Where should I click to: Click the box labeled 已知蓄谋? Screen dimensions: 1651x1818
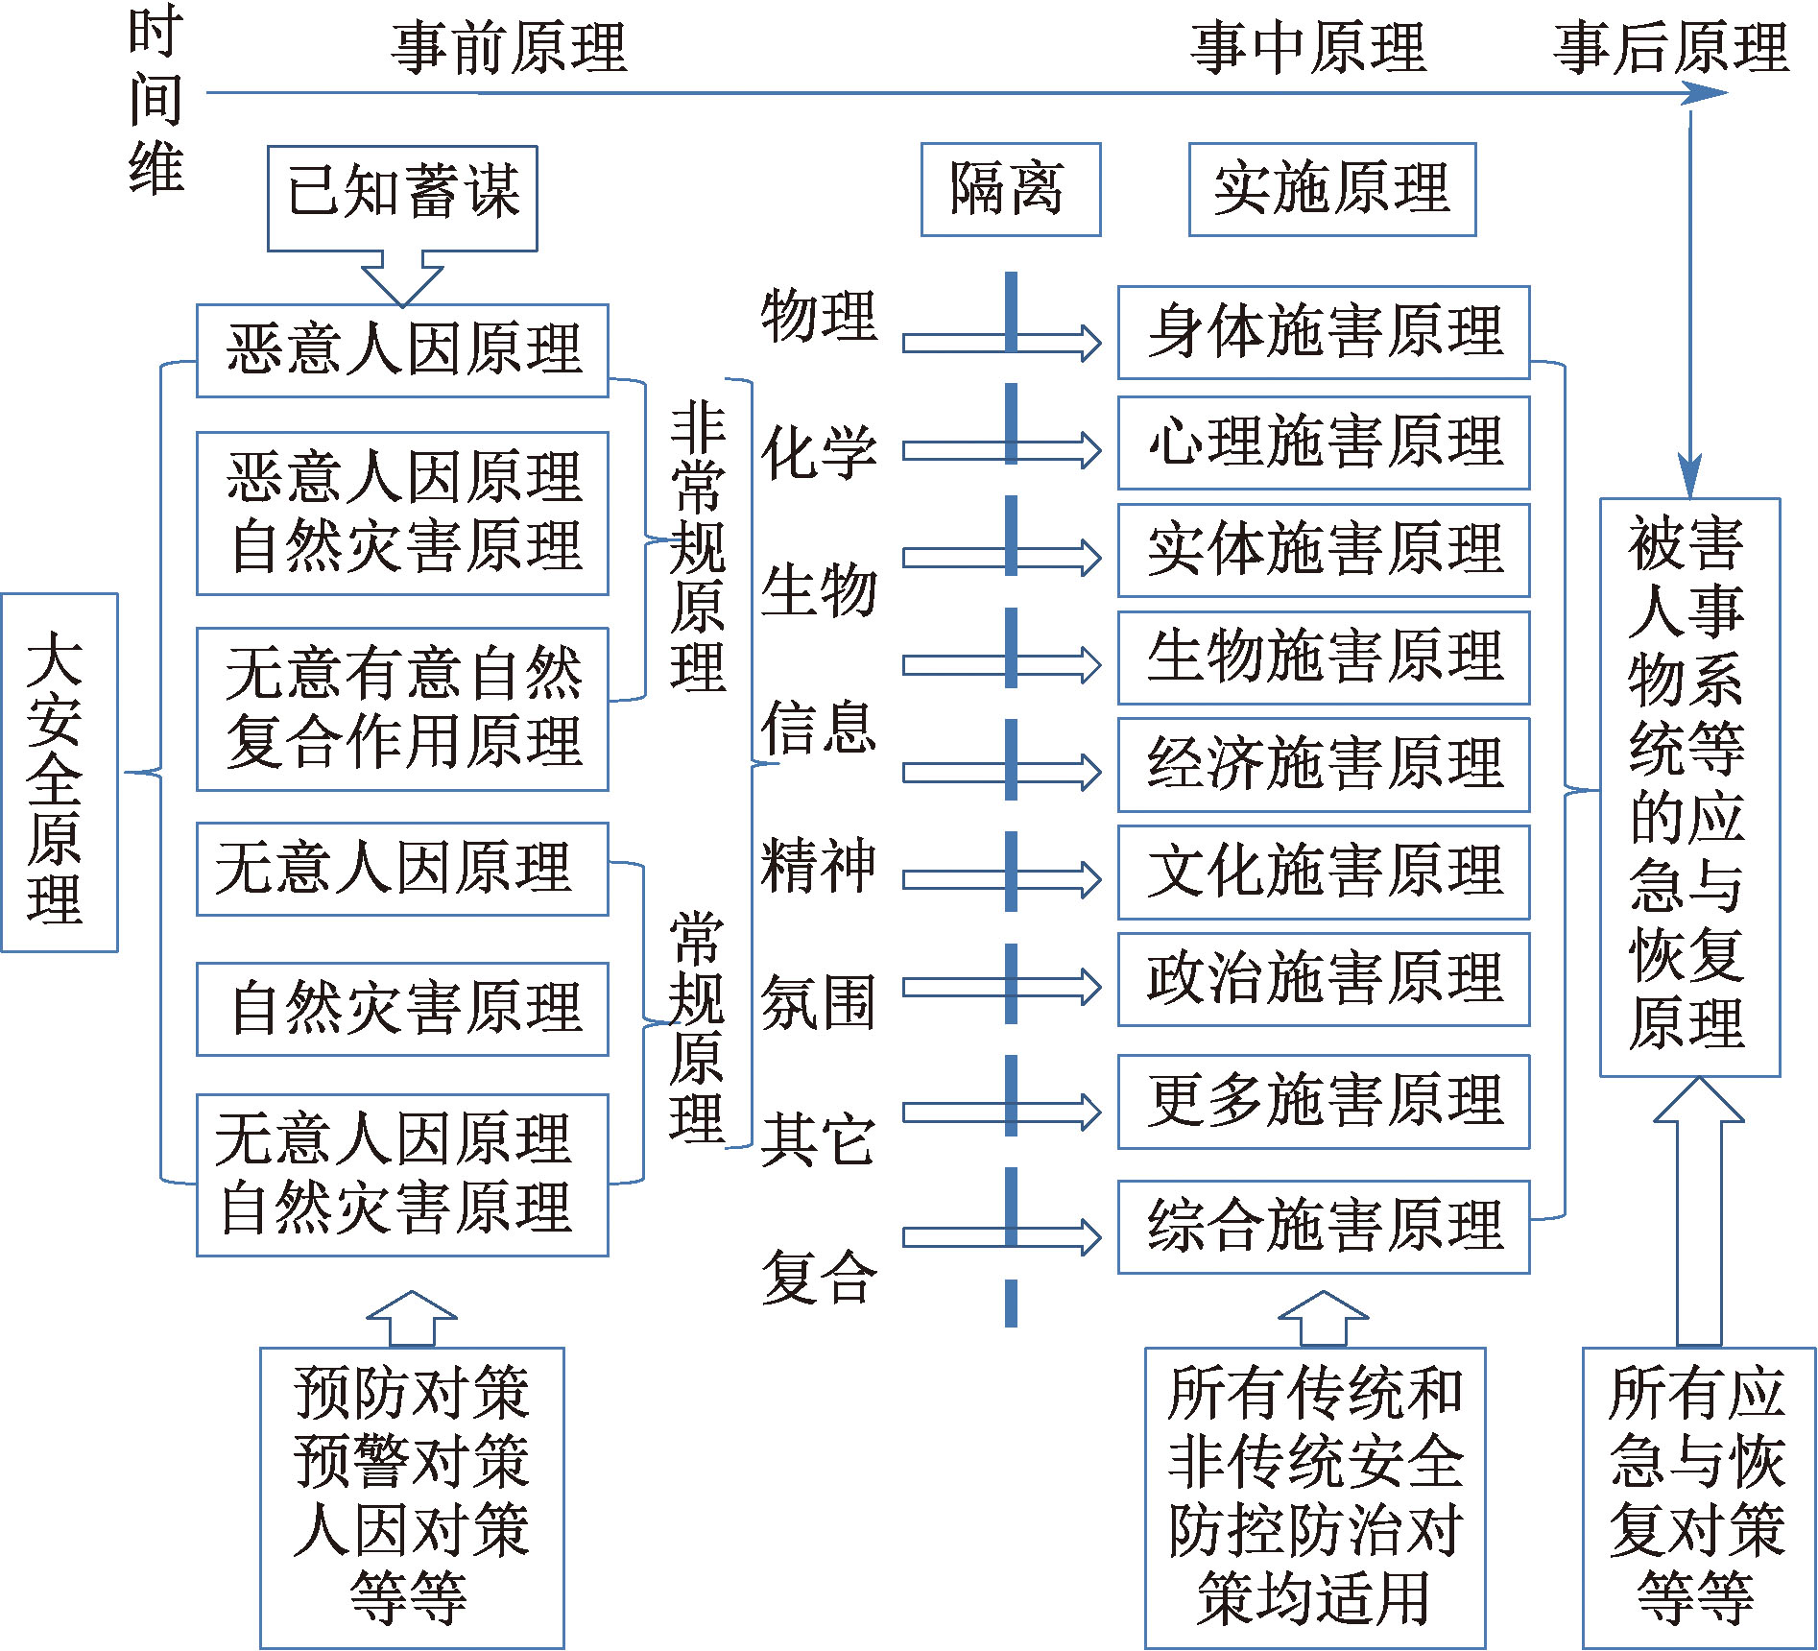(x=402, y=198)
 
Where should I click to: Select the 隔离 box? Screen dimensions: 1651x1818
(x=1010, y=189)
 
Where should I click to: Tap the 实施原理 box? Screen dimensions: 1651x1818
(x=1331, y=189)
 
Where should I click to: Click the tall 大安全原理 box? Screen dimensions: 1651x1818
(x=59, y=772)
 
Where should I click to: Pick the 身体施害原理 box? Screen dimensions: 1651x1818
(x=1323, y=332)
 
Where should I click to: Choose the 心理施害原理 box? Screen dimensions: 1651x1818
(x=1323, y=443)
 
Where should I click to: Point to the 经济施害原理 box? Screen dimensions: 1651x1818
(x=1323, y=764)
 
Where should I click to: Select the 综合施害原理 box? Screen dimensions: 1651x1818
(x=1323, y=1226)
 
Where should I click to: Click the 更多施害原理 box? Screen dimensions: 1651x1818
(x=1323, y=1102)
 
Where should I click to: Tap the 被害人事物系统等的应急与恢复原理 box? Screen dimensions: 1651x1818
(x=1688, y=786)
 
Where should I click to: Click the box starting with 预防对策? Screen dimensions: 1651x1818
(x=412, y=1496)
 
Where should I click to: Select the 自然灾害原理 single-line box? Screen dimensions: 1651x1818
(x=402, y=1009)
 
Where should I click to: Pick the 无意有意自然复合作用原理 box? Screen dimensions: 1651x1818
(x=402, y=708)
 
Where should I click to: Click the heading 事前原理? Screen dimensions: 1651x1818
(x=509, y=48)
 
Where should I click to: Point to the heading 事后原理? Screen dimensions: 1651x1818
(x=1670, y=48)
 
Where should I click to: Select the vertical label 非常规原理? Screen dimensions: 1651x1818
(x=698, y=547)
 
